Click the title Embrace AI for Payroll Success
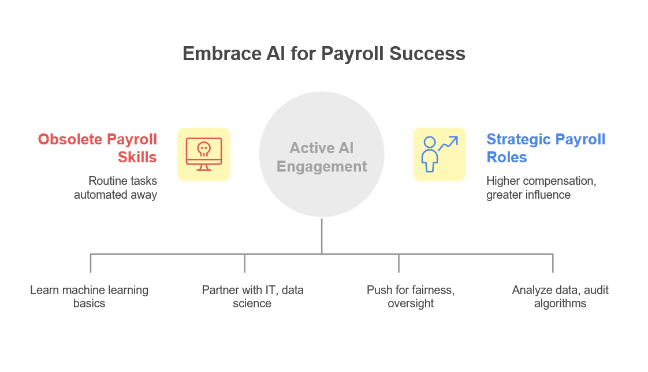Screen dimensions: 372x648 tap(323, 53)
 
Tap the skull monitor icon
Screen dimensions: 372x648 tap(203, 154)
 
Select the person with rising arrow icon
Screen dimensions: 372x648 tap(439, 154)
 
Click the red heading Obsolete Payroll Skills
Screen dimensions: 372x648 tap(97, 148)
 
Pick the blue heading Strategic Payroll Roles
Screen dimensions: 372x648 tap(546, 148)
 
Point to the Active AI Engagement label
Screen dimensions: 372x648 tap(322, 157)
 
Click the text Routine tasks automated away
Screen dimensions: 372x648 tap(116, 188)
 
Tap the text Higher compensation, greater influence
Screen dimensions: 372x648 tap(541, 188)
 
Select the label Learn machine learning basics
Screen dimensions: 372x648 tap(89, 296)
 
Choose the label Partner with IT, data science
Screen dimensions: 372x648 tap(252, 296)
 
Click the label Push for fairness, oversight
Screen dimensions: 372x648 tap(410, 296)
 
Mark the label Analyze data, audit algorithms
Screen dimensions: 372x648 tap(560, 296)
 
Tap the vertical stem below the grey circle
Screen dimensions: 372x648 tap(322, 235)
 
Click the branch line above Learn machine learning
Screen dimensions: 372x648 tap(91, 263)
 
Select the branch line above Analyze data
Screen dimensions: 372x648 tap(553, 263)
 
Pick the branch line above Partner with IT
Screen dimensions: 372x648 tap(245, 263)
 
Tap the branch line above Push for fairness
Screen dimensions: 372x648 tap(399, 263)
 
